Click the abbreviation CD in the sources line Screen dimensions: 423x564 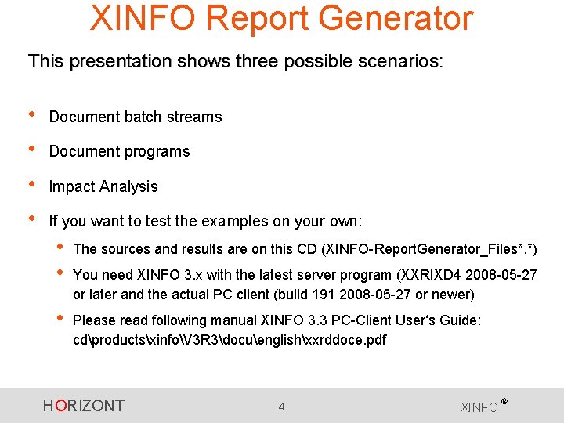[306, 250]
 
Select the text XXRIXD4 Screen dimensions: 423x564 [431, 276]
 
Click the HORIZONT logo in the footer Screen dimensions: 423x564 [84, 406]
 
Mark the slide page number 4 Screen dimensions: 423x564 [281, 407]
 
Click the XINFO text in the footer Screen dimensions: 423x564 [479, 407]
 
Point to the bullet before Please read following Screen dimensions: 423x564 [60, 319]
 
